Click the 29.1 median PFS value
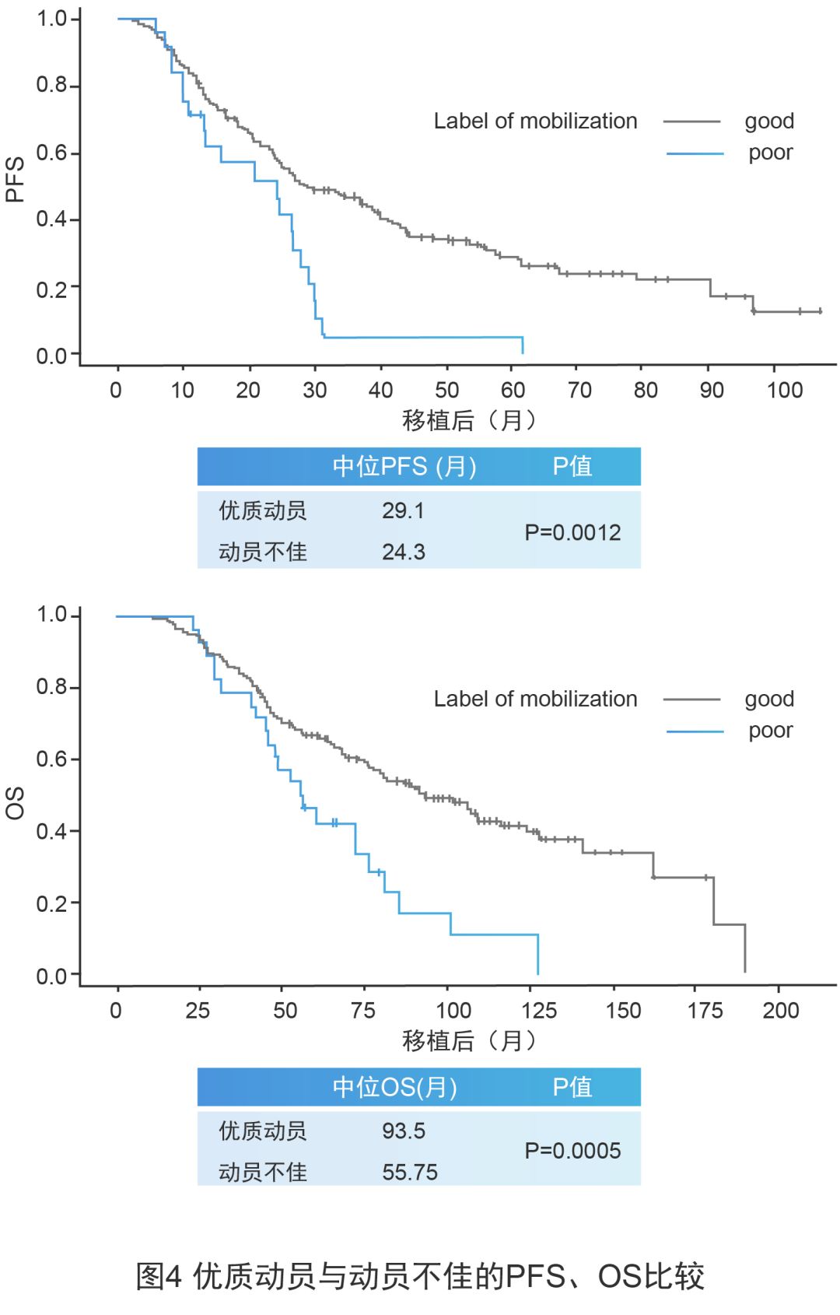point(403,511)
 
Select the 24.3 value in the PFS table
point(403,552)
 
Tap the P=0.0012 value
point(572,533)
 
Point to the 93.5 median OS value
point(403,1131)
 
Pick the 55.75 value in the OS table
point(409,1173)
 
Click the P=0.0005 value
point(572,1152)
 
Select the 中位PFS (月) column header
point(404,467)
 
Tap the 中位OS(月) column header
point(395,1087)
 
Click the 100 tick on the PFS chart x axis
point(784,391)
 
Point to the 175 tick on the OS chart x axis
point(705,1011)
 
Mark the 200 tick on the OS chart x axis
point(780,1011)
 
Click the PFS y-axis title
point(16,180)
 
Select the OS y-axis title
point(16,802)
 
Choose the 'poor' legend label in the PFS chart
point(770,153)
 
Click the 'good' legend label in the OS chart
point(769,700)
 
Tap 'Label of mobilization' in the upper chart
point(535,121)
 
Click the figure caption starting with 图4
point(420,1277)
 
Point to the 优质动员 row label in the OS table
point(263,1131)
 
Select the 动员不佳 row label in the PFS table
point(263,552)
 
